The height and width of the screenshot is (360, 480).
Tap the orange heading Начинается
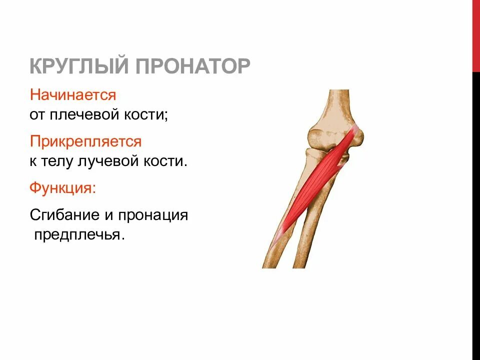click(x=73, y=94)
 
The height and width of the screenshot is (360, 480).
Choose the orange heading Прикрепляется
click(x=85, y=141)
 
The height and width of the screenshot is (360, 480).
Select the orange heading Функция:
click(x=63, y=188)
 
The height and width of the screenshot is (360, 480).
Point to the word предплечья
click(x=78, y=235)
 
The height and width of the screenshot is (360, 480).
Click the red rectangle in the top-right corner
click(x=476, y=35)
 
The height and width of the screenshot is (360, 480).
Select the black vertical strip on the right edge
click(x=476, y=215)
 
